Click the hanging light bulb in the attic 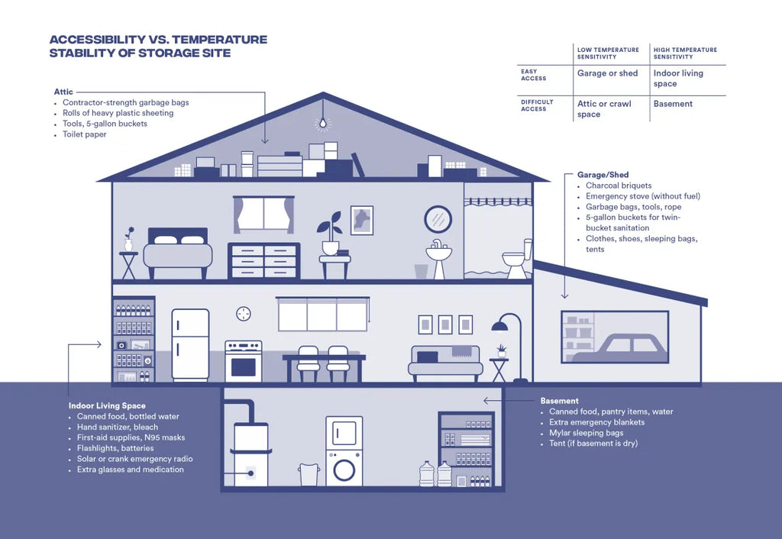[323, 123]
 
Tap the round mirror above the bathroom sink [438, 219]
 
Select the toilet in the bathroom [516, 260]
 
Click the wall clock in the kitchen [244, 313]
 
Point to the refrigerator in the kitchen [190, 344]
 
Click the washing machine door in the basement [344, 467]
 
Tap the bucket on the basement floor [309, 475]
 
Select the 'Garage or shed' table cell [608, 73]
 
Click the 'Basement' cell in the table [673, 104]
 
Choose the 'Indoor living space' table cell [678, 79]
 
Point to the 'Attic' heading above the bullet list [63, 92]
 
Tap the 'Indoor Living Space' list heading [107, 405]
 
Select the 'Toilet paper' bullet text [85, 134]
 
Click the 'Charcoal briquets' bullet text [619, 186]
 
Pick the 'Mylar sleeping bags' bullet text [586, 433]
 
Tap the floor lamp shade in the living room [499, 327]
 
